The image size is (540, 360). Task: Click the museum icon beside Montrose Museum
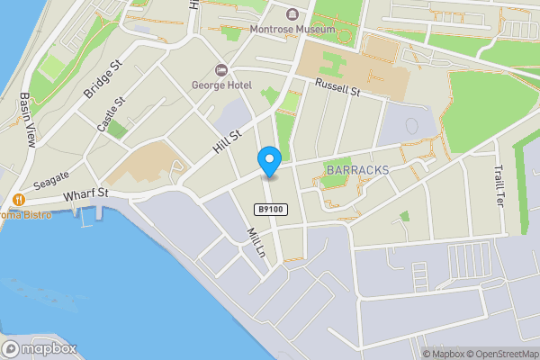(x=292, y=13)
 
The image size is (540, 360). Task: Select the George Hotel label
(x=220, y=85)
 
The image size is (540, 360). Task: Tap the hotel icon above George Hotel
(x=220, y=70)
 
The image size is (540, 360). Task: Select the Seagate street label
(x=51, y=180)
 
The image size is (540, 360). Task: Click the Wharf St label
(x=85, y=193)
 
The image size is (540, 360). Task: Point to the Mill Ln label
(x=255, y=242)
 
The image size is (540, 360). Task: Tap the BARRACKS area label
(x=357, y=169)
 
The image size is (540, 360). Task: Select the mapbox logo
(x=40, y=349)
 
